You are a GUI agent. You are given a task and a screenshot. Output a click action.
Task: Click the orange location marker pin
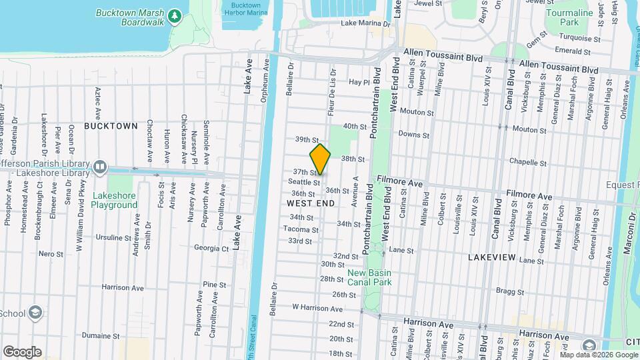[320, 159]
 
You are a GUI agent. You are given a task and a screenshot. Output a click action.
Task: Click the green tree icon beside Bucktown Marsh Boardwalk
[175, 15]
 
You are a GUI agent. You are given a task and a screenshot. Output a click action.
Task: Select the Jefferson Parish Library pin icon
[100, 165]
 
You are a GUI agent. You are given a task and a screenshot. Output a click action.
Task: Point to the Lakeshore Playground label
[115, 201]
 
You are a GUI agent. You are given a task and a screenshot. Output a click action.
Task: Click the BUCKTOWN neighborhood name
[111, 126]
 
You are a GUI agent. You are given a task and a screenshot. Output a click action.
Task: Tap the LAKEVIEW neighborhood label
[492, 257]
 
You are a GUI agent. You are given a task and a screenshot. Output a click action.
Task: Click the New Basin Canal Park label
[369, 277]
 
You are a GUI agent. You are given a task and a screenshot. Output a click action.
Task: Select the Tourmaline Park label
[569, 17]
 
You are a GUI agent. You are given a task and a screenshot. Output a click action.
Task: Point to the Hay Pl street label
[359, 83]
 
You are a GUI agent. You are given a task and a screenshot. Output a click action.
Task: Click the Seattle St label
[304, 182]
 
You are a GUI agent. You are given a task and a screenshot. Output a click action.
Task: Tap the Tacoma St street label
[301, 229]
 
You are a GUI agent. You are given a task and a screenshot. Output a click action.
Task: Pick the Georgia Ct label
[211, 248]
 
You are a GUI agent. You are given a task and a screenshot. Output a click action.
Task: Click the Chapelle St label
[528, 163]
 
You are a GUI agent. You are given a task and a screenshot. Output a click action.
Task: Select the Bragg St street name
[511, 291]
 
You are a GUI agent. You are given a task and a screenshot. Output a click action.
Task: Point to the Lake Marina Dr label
[365, 23]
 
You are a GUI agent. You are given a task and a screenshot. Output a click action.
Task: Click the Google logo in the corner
[22, 351]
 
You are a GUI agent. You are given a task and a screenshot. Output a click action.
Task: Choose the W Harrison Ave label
[317, 309]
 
